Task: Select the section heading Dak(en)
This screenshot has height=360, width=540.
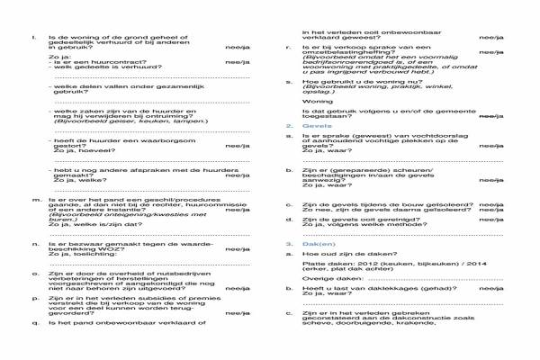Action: tap(314, 244)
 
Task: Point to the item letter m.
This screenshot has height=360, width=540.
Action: tap(33, 200)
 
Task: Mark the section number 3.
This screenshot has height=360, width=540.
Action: tap(289, 244)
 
